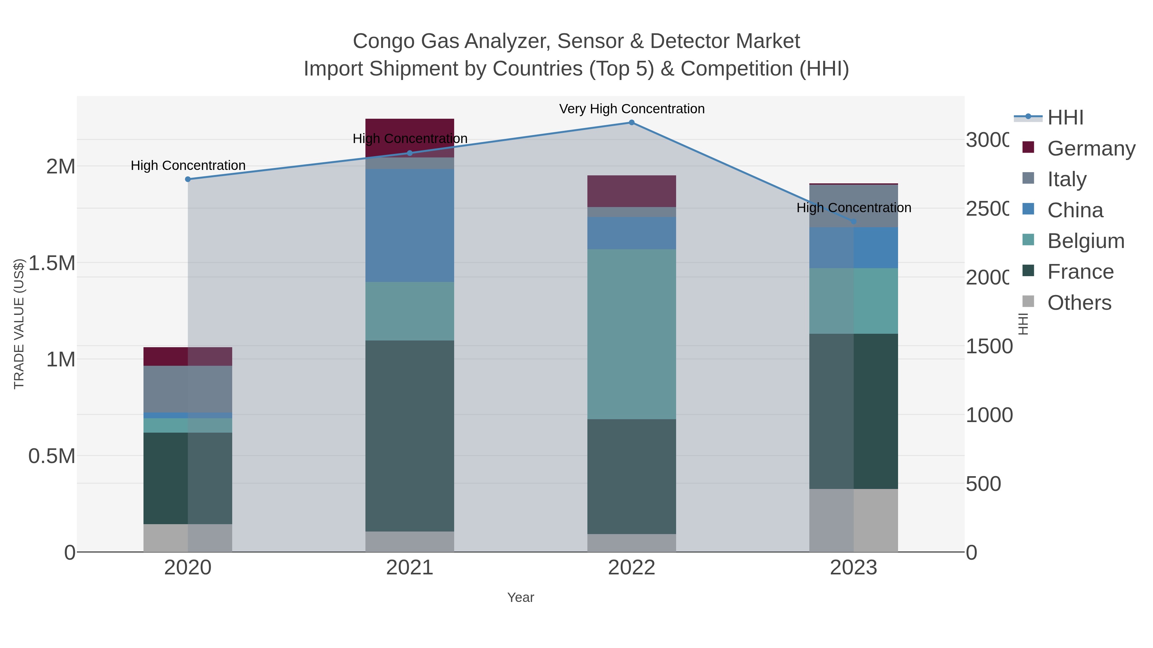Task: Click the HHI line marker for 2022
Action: (x=632, y=123)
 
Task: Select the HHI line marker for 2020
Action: (x=188, y=179)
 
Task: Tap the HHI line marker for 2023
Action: (x=854, y=221)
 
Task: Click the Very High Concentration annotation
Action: (x=632, y=109)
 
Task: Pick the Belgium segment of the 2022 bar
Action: (x=632, y=334)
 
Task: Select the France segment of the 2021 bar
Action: (x=410, y=436)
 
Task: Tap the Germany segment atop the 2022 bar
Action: (x=632, y=191)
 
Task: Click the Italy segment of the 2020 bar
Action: (x=188, y=389)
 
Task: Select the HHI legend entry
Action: (x=1065, y=118)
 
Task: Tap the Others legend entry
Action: (x=1079, y=303)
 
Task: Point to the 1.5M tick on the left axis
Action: (x=52, y=263)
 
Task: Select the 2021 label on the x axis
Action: (x=410, y=568)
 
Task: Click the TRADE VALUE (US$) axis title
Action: (x=19, y=324)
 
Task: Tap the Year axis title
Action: (x=520, y=597)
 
